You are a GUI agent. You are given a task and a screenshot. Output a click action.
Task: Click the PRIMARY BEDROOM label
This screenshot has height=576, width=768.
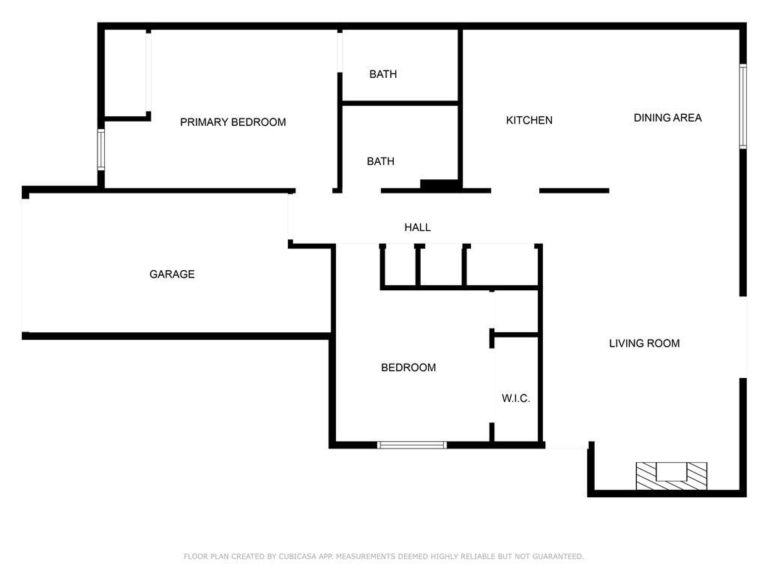coord(232,122)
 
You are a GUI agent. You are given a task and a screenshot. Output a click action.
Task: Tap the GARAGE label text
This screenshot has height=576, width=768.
coord(172,274)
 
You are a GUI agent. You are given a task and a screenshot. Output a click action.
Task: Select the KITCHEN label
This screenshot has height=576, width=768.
coord(529,120)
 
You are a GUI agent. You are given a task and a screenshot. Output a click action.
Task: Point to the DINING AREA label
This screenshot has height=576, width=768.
coord(667,118)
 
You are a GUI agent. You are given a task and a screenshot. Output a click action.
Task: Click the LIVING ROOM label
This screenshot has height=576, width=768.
coord(644,343)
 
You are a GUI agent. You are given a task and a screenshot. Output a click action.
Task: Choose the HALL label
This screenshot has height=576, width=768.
coord(417,227)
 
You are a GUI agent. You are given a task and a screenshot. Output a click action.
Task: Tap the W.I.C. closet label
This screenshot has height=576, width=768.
coord(516,398)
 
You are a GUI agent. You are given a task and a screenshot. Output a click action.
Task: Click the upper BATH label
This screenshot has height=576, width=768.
coord(383,74)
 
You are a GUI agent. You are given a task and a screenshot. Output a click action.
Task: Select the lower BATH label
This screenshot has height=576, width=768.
coord(380,161)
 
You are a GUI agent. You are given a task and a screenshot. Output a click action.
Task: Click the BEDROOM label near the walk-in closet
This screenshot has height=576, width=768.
coord(409,367)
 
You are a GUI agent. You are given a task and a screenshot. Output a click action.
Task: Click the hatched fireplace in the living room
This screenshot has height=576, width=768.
coord(671,475)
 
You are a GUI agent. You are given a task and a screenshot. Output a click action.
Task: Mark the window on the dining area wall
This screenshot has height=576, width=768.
coord(743,106)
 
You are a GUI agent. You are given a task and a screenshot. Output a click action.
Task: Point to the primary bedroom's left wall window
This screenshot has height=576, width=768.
coord(101,149)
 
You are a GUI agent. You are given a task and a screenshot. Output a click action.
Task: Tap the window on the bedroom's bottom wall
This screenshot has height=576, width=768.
coord(412,445)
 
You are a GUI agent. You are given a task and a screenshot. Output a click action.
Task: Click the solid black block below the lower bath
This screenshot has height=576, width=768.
coord(439,185)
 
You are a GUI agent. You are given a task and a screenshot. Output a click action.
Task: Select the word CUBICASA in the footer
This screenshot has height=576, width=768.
coord(298,556)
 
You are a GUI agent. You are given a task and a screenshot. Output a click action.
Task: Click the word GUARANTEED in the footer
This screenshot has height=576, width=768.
coord(558,556)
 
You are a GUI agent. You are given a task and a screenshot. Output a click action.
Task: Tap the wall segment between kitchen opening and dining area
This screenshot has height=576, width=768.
coord(574,190)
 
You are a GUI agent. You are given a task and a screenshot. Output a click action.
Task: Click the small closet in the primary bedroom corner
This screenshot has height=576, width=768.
coord(125,73)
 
